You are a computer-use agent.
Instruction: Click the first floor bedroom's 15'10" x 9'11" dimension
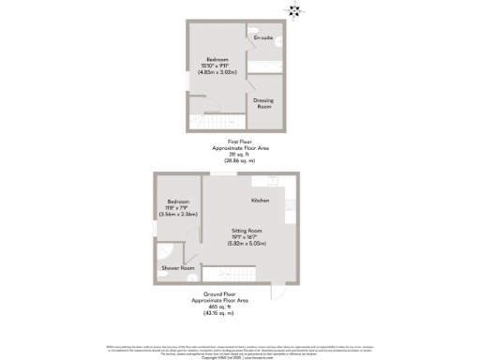(x=217, y=65)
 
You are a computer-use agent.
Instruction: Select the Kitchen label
(x=261, y=201)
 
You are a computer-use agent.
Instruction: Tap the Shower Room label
(x=178, y=268)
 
